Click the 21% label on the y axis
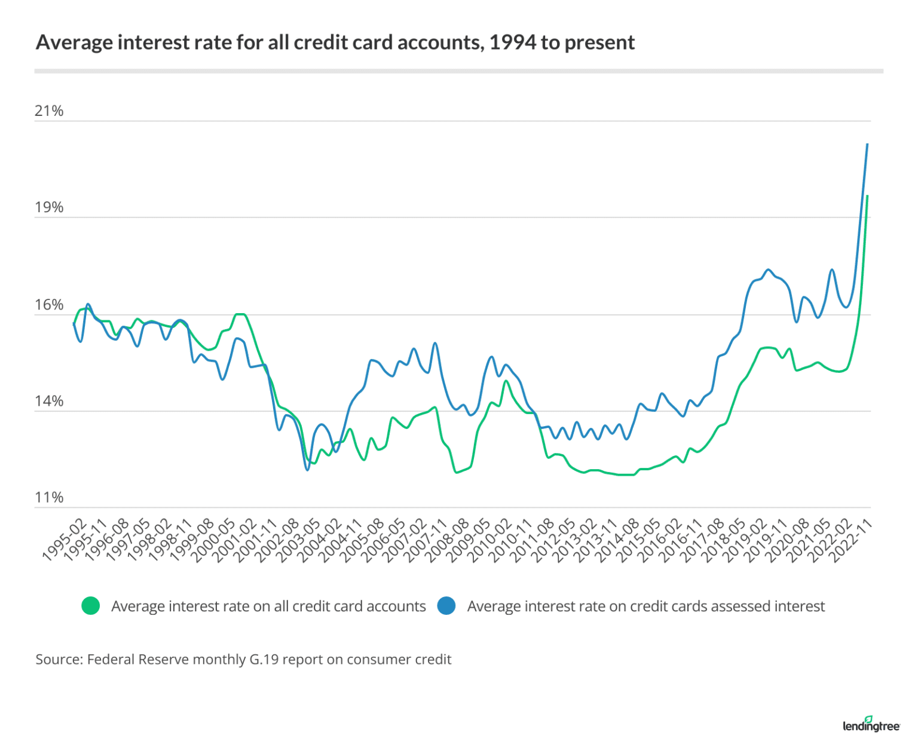pyautogui.click(x=49, y=111)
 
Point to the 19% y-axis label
pyautogui.click(x=49, y=207)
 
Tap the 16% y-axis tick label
pyautogui.click(x=49, y=305)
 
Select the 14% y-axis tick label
pyautogui.click(x=49, y=401)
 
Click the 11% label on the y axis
pyautogui.click(x=49, y=497)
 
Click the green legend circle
pyautogui.click(x=91, y=606)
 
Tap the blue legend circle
pyautogui.click(x=446, y=606)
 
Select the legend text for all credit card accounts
pyautogui.click(x=268, y=607)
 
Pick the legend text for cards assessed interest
pyautogui.click(x=645, y=607)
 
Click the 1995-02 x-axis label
pyautogui.click(x=65, y=540)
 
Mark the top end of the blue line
pyautogui.click(x=867, y=144)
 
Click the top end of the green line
pyautogui.click(x=867, y=196)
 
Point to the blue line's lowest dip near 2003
pyautogui.click(x=308, y=470)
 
